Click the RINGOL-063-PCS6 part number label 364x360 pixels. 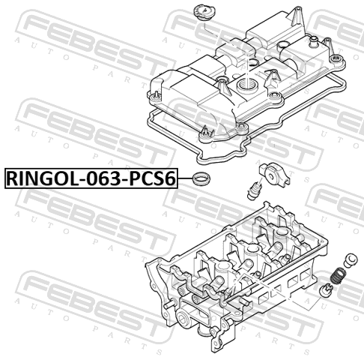tap(91, 178)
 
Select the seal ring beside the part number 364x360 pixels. tap(201, 178)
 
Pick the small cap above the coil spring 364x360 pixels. tap(351, 260)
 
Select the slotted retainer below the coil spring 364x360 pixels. tap(327, 291)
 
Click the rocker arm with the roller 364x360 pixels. tap(274, 175)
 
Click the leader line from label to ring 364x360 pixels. tap(185, 178)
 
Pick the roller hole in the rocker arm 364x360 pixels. tap(270, 175)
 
